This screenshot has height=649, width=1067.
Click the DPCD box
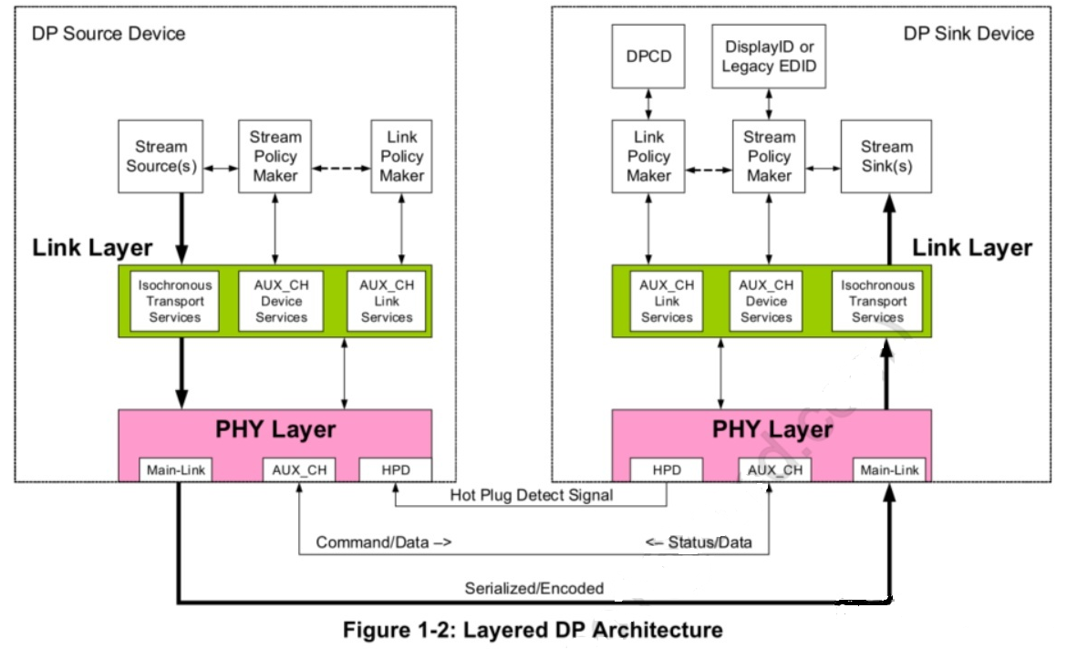click(x=647, y=57)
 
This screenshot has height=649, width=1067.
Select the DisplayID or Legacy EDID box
click(x=769, y=57)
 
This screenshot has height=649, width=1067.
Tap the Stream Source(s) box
click(x=161, y=157)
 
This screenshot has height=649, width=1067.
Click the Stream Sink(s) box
click(x=886, y=157)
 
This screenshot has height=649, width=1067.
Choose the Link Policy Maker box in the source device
click(x=401, y=156)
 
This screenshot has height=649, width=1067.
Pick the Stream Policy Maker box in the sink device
click(x=769, y=156)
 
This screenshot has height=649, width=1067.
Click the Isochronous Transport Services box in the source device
click(x=171, y=302)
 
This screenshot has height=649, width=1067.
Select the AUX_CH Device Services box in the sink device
click(x=766, y=302)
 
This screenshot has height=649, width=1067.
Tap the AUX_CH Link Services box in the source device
click(x=386, y=302)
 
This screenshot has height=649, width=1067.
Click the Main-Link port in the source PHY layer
click(x=177, y=470)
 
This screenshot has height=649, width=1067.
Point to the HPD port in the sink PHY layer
click(x=668, y=470)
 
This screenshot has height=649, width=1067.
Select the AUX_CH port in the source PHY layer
click(x=298, y=470)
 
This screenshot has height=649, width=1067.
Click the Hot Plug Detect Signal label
click(x=531, y=496)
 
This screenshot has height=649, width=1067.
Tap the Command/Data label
click(x=384, y=542)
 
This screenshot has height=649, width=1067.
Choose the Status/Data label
click(x=699, y=542)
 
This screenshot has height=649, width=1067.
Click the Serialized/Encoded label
click(x=533, y=588)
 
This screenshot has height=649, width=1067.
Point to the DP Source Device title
click(x=109, y=34)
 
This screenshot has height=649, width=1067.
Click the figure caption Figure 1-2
click(x=533, y=630)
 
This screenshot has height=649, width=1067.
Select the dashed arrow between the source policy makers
click(x=341, y=169)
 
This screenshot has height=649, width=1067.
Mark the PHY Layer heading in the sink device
click(x=772, y=428)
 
